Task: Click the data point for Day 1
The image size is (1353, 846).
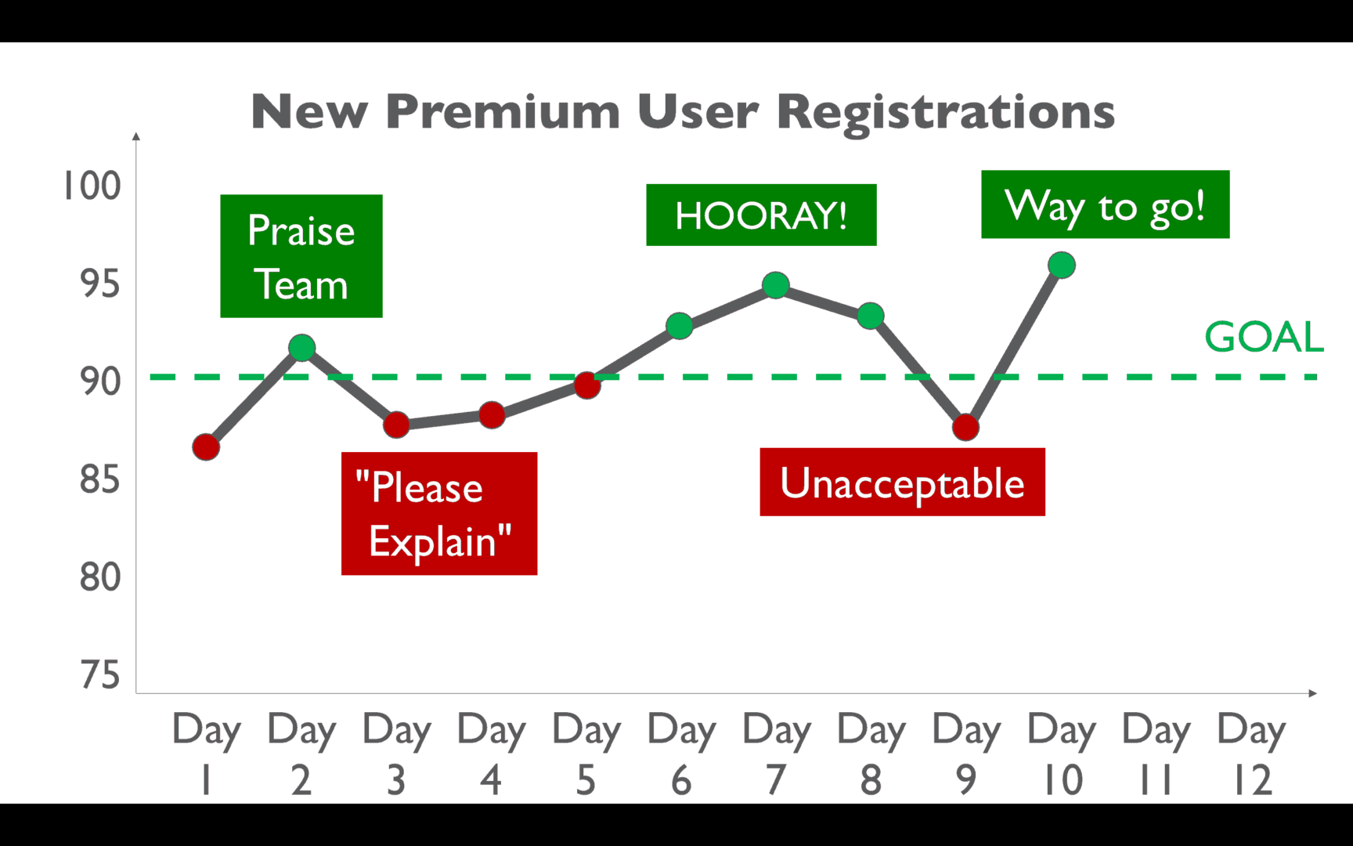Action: (x=206, y=447)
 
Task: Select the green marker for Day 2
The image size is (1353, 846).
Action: (x=301, y=348)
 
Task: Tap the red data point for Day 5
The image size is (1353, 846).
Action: (x=586, y=385)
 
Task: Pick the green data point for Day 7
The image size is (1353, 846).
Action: (x=775, y=285)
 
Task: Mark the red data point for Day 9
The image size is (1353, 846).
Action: (x=965, y=427)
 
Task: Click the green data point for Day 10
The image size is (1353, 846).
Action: (x=1061, y=266)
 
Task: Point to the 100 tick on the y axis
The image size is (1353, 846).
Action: (x=92, y=186)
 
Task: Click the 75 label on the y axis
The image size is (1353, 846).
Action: (x=100, y=675)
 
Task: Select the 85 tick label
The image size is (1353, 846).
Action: (x=100, y=479)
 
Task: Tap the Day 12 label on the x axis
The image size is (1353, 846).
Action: (x=1251, y=754)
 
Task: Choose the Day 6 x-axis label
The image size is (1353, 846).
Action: (x=681, y=754)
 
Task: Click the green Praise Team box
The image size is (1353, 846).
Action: (x=301, y=256)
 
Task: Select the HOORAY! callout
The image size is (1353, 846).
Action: (x=761, y=215)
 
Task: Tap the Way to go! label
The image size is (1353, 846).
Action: (x=1106, y=204)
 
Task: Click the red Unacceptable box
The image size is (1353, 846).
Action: (x=902, y=482)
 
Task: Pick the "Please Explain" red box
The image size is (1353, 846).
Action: (x=439, y=514)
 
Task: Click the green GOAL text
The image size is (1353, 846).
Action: (x=1264, y=337)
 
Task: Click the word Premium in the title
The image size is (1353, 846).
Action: (x=503, y=111)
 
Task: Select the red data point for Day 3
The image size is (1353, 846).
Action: (x=396, y=425)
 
